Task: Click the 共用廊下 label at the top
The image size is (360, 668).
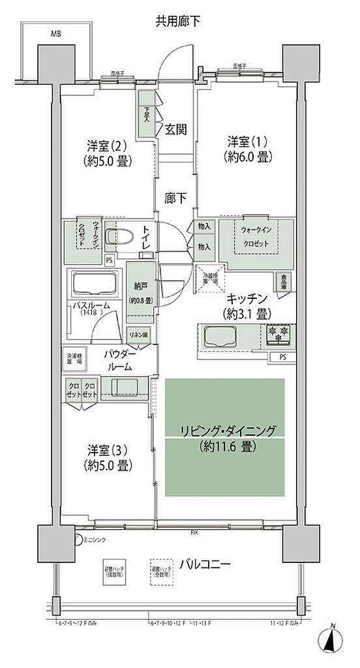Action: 177,22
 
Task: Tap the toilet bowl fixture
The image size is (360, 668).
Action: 119,236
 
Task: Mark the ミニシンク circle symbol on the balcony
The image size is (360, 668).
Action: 78,539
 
